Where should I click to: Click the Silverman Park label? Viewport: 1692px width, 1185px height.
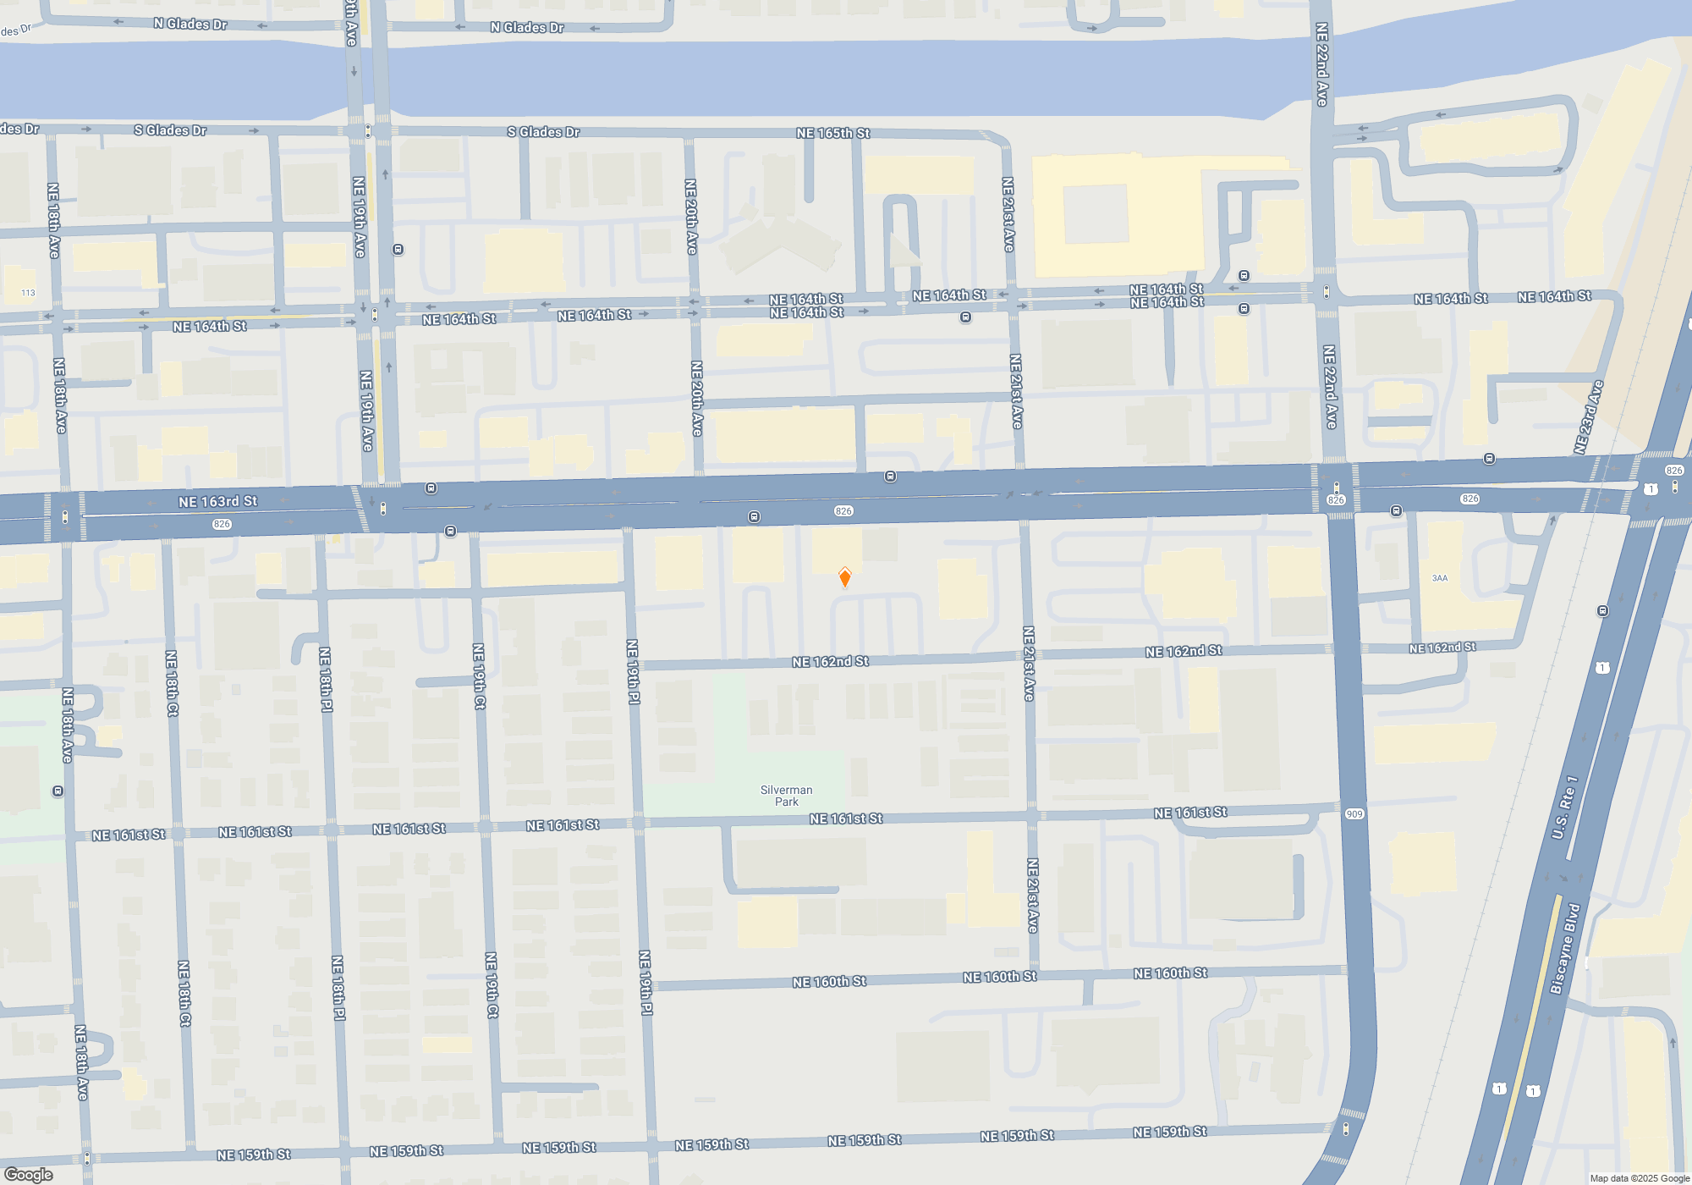click(x=786, y=796)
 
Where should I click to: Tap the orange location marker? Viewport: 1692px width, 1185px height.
click(x=844, y=577)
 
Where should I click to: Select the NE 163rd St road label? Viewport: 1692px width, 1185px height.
click(x=217, y=502)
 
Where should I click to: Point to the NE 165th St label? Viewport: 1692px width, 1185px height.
click(x=832, y=133)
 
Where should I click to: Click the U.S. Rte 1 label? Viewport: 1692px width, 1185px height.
click(x=1564, y=807)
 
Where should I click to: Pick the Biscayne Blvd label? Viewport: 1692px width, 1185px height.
click(x=1564, y=949)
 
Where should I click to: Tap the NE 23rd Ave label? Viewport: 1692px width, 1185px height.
click(x=1588, y=416)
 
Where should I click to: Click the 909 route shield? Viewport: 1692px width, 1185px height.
click(x=1354, y=814)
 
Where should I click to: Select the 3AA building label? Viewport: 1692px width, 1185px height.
click(x=1439, y=578)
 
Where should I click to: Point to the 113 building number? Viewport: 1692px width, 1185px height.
click(x=28, y=293)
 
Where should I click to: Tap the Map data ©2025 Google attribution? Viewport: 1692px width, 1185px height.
click(x=1639, y=1178)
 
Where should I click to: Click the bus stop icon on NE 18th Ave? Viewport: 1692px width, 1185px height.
click(x=58, y=791)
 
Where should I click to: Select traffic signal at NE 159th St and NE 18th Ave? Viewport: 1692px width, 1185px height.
click(x=86, y=1158)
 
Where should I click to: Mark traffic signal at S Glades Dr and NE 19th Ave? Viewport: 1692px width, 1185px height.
click(x=367, y=131)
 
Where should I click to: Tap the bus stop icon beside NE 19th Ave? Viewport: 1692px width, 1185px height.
click(x=398, y=250)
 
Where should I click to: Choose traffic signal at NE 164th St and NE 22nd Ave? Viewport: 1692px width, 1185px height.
click(x=1326, y=292)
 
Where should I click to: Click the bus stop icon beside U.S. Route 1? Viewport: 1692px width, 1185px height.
click(x=1602, y=611)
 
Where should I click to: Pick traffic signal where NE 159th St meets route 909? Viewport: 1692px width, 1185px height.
click(x=1345, y=1128)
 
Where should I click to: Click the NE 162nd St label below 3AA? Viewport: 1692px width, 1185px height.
click(x=1442, y=648)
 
